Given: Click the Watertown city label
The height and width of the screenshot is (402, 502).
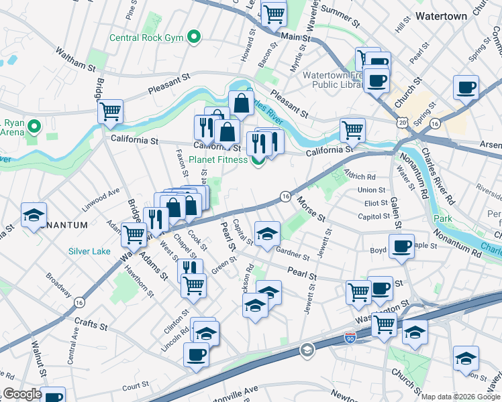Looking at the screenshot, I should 441,15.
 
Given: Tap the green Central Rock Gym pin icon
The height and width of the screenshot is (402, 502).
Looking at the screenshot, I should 195,36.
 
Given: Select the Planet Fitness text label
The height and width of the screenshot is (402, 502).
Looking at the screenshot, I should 219,159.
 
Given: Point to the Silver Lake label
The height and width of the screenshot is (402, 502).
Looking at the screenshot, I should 89,251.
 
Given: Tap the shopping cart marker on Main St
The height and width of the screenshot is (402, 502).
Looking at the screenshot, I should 274,13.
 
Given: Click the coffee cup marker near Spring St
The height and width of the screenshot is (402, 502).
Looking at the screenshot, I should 465,87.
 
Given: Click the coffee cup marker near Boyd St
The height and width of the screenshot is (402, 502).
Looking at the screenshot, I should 401,246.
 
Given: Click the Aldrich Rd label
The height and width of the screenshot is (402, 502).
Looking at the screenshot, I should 360,177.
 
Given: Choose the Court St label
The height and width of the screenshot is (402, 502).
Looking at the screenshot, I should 135,385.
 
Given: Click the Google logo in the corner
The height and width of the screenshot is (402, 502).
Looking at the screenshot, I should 23,394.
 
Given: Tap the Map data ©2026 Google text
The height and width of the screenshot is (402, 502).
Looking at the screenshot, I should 460,396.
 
